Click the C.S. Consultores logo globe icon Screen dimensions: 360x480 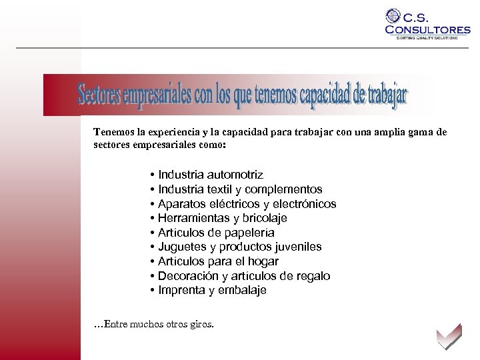(x=394, y=16)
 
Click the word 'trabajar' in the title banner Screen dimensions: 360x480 (x=387, y=97)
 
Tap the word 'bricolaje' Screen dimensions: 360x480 (x=265, y=218)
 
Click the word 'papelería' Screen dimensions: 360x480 (x=250, y=233)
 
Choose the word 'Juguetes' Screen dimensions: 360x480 (x=181, y=247)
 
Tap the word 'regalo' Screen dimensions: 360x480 (x=313, y=276)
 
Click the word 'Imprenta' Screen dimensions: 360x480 (x=180, y=291)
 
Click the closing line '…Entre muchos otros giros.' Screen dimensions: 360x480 (x=154, y=325)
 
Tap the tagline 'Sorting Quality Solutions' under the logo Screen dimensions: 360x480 (x=427, y=38)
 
